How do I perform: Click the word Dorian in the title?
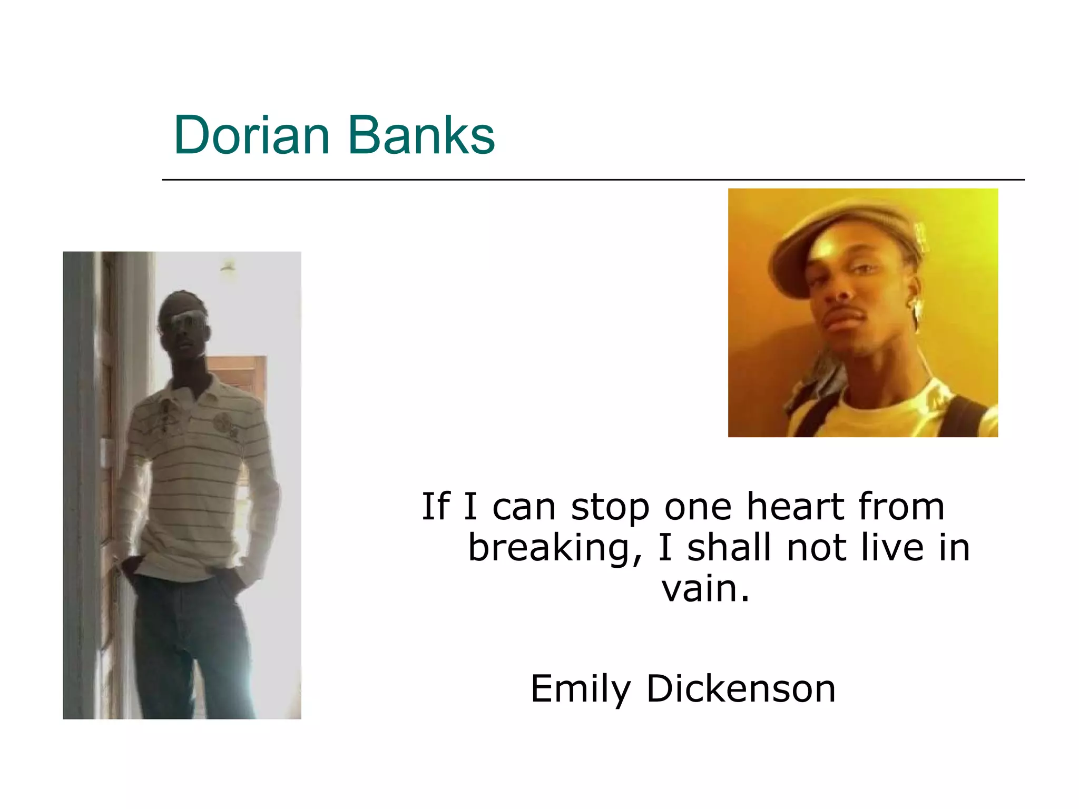point(251,135)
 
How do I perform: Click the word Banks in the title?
point(421,135)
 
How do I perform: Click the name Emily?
point(580,689)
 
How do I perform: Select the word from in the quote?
point(901,507)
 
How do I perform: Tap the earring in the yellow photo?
point(917,311)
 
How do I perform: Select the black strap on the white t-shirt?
point(964,416)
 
